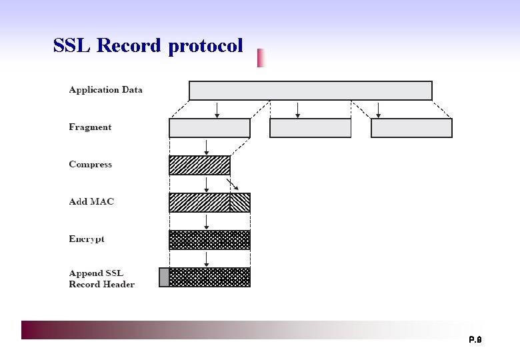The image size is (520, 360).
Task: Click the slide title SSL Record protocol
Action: coord(148,46)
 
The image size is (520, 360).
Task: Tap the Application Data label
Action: coord(105,90)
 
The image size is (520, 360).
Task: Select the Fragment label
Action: coord(90,127)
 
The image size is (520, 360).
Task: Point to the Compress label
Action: coord(90,165)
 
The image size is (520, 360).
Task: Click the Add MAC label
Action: coord(91,202)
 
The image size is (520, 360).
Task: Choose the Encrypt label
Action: coord(87,239)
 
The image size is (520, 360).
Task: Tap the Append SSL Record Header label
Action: coord(101,279)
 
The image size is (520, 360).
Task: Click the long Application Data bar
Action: coord(311,91)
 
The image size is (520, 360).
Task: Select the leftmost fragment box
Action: coord(209,128)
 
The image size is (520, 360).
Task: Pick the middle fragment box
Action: coord(310,128)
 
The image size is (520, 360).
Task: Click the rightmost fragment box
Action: coord(411,128)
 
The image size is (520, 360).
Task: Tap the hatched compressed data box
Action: coord(199,165)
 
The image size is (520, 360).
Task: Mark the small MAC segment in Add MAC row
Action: coord(240,203)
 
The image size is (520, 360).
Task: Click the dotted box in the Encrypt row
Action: coord(209,240)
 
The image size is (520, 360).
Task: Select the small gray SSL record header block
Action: coord(164,277)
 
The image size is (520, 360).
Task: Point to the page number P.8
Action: coord(475,340)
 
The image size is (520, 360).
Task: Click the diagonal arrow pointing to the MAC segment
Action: coord(233,185)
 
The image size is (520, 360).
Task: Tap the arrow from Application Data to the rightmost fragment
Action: coord(378,109)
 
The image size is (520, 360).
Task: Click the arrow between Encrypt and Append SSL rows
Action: coord(207,259)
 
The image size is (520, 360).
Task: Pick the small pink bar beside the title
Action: coord(261,58)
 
